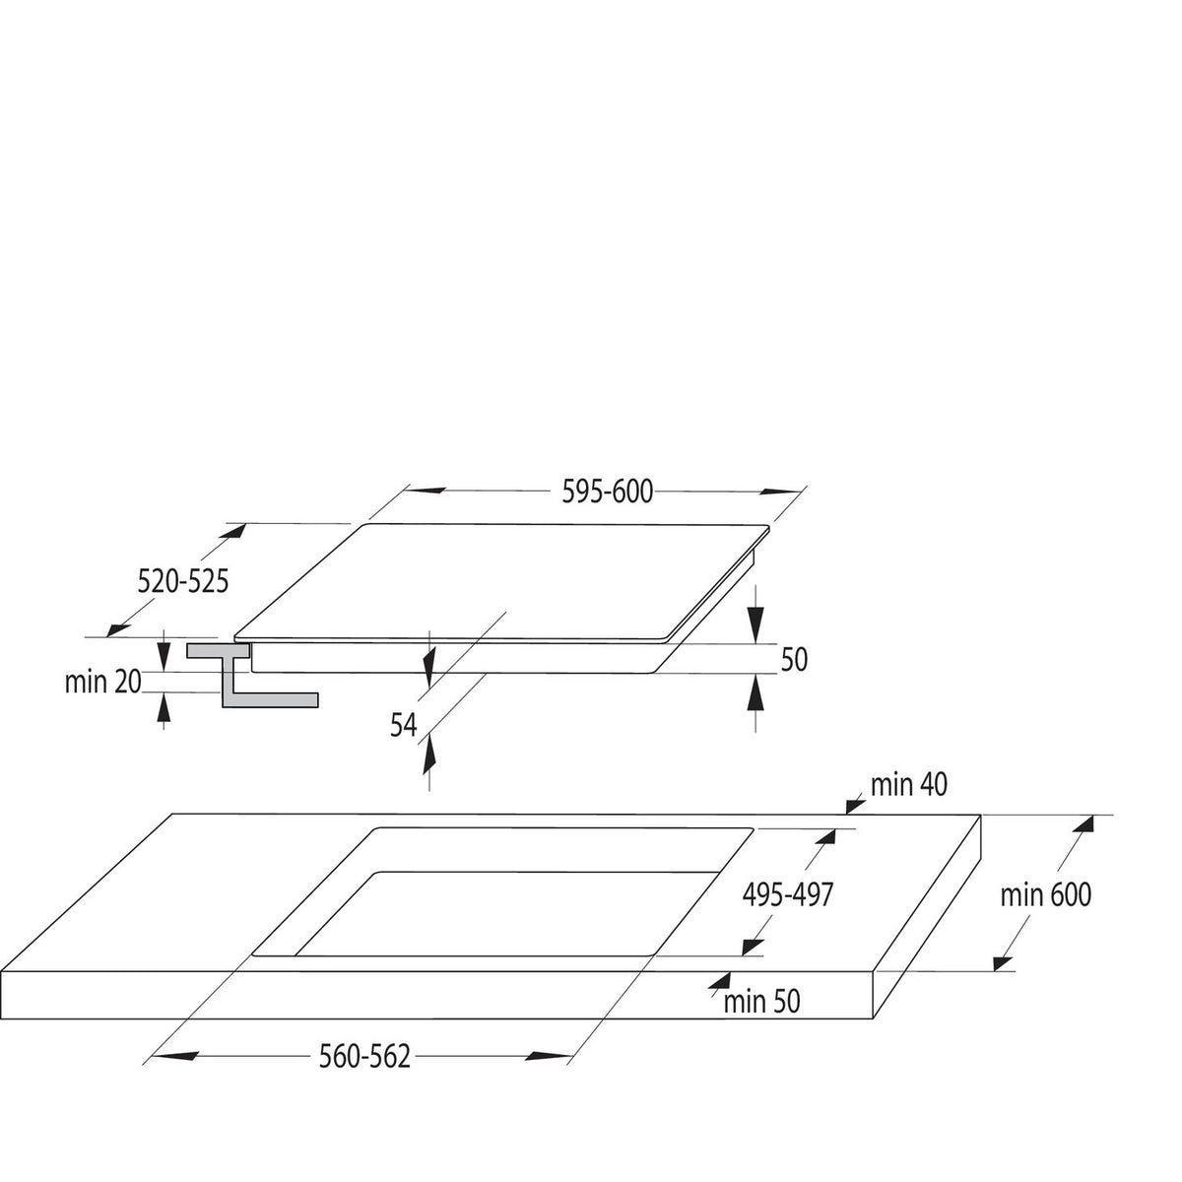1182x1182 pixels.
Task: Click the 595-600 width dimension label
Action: pyautogui.click(x=608, y=492)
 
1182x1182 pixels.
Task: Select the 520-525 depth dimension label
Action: pyautogui.click(x=183, y=581)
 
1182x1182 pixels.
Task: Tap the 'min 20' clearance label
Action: pyautogui.click(x=103, y=682)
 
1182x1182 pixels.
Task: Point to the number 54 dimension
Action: pyautogui.click(x=404, y=725)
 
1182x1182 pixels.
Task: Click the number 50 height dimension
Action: pyautogui.click(x=794, y=659)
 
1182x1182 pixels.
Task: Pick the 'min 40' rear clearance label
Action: pyautogui.click(x=909, y=784)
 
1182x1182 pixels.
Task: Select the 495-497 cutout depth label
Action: pyautogui.click(x=788, y=895)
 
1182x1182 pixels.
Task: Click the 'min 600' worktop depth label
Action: pyautogui.click(x=1046, y=895)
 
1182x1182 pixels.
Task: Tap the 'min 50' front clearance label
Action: pyautogui.click(x=761, y=1002)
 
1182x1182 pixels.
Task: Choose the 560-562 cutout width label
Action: pyautogui.click(x=364, y=1057)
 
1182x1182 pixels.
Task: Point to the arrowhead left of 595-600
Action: pyautogui.click(x=426, y=491)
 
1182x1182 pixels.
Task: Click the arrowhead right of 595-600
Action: pyautogui.click(x=781, y=492)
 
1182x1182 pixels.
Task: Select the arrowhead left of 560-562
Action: pyautogui.click(x=175, y=1056)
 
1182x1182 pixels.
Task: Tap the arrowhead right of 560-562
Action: pyautogui.click(x=549, y=1056)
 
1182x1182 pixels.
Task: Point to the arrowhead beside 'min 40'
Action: pyautogui.click(x=855, y=806)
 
